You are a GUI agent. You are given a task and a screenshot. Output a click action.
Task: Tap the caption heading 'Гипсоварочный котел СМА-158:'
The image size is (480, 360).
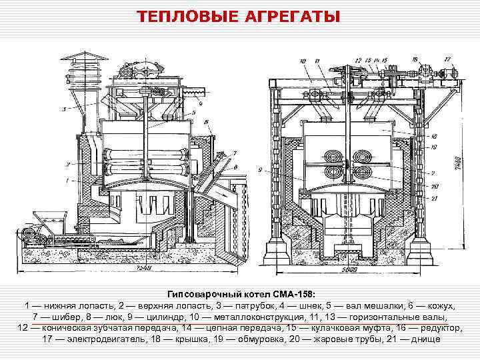[240, 294]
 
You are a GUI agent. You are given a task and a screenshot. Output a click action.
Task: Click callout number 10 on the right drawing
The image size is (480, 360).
[303, 61]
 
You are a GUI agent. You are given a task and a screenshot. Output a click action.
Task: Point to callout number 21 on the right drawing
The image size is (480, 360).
[435, 197]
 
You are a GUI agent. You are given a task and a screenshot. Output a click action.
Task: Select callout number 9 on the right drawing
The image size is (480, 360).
[435, 171]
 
